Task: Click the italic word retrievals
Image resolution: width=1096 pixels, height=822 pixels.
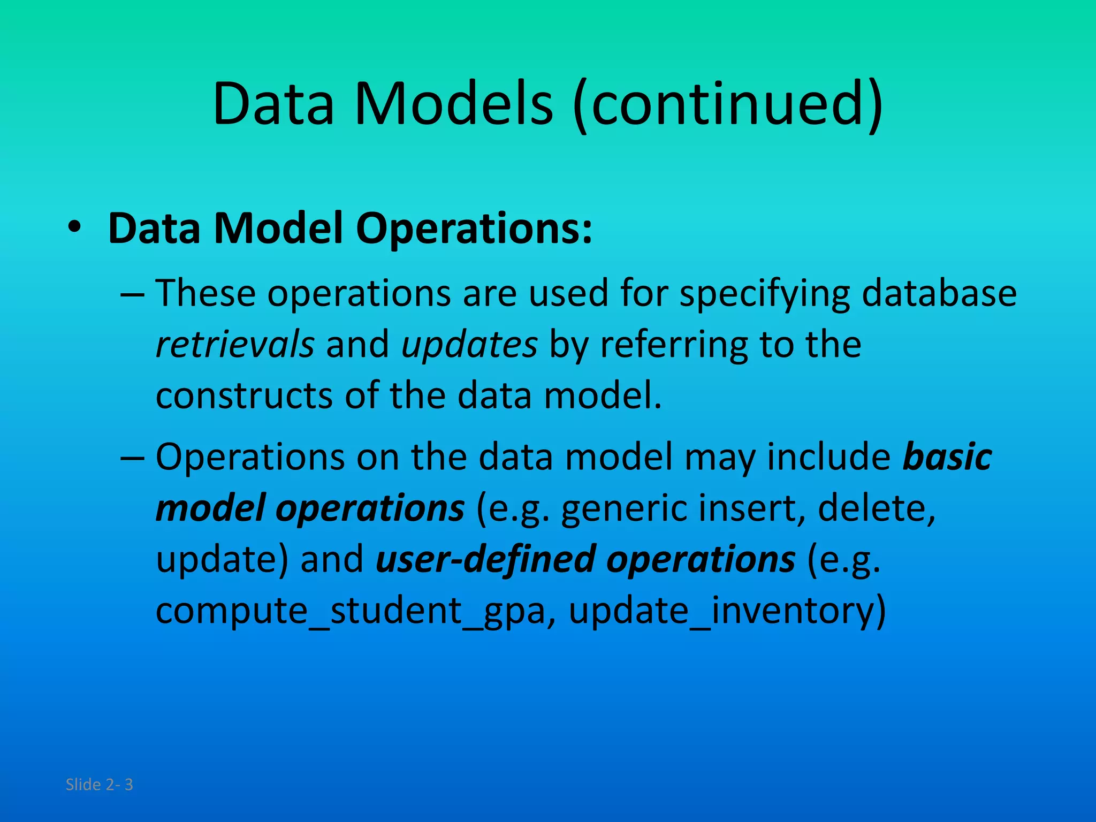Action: (235, 344)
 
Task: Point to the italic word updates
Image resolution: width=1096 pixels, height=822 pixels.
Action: (469, 344)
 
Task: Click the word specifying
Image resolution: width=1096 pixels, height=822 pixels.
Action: (765, 293)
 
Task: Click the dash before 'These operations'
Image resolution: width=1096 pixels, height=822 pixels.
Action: (132, 294)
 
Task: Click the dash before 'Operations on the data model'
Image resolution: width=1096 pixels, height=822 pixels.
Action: (132, 458)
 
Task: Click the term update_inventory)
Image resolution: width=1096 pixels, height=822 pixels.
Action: (727, 610)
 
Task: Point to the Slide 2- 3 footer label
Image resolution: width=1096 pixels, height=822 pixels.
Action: (99, 785)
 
